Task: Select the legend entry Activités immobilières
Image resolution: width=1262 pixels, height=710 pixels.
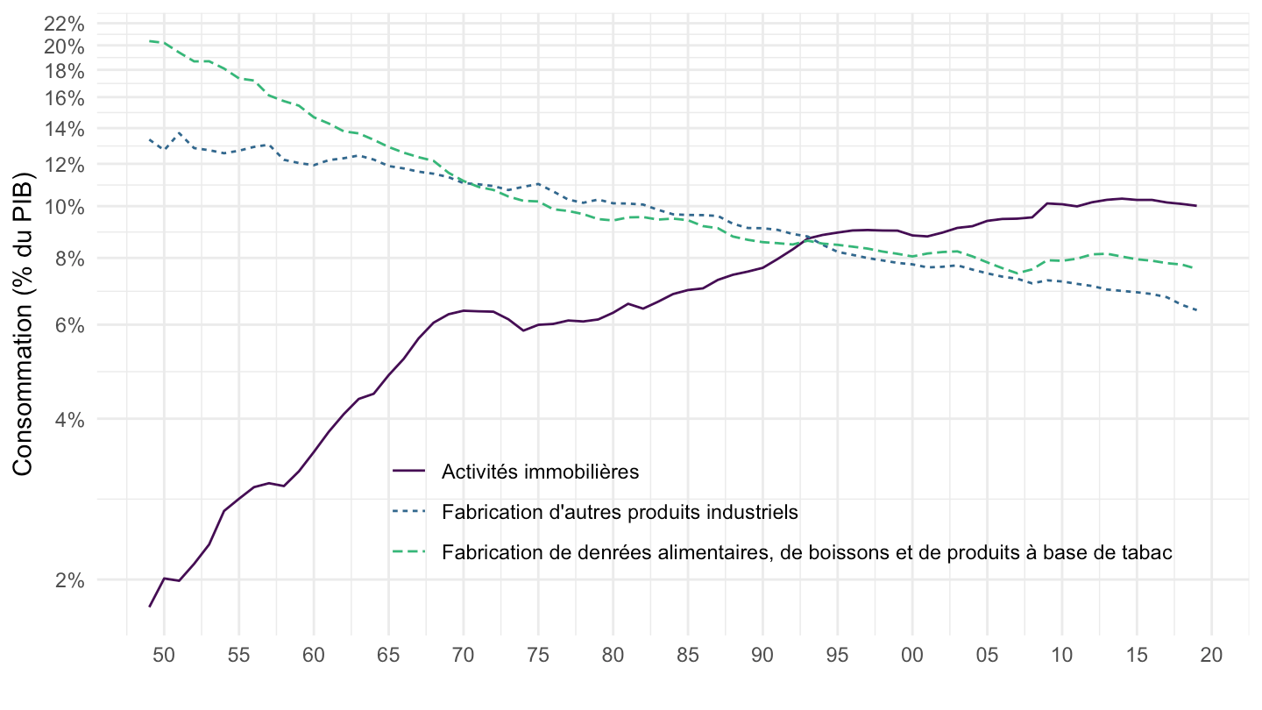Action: [541, 472]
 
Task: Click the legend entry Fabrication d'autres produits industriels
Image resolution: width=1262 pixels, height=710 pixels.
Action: [620, 511]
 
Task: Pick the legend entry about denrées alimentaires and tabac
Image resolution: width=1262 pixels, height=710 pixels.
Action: [807, 552]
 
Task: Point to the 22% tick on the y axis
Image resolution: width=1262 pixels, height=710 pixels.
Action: [65, 24]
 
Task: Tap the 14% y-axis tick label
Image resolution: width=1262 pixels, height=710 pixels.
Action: [65, 129]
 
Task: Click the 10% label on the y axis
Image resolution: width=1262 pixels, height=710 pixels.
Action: [65, 207]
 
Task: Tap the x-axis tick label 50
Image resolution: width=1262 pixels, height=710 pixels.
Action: [164, 655]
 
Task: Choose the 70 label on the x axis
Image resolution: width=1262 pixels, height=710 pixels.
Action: [463, 655]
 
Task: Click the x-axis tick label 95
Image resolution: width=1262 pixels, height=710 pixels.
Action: [837, 655]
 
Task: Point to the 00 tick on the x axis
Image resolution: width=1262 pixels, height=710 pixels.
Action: [912, 655]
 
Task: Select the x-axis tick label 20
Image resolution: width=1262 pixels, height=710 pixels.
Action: [1211, 655]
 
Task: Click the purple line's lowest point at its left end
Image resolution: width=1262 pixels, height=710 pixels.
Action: [150, 607]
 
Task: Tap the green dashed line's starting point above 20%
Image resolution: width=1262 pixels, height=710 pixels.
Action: [150, 41]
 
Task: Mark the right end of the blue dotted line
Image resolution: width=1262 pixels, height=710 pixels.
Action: [1196, 310]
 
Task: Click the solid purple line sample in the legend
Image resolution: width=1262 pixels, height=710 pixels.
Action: [410, 472]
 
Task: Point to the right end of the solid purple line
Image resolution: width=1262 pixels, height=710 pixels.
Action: [1196, 206]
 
